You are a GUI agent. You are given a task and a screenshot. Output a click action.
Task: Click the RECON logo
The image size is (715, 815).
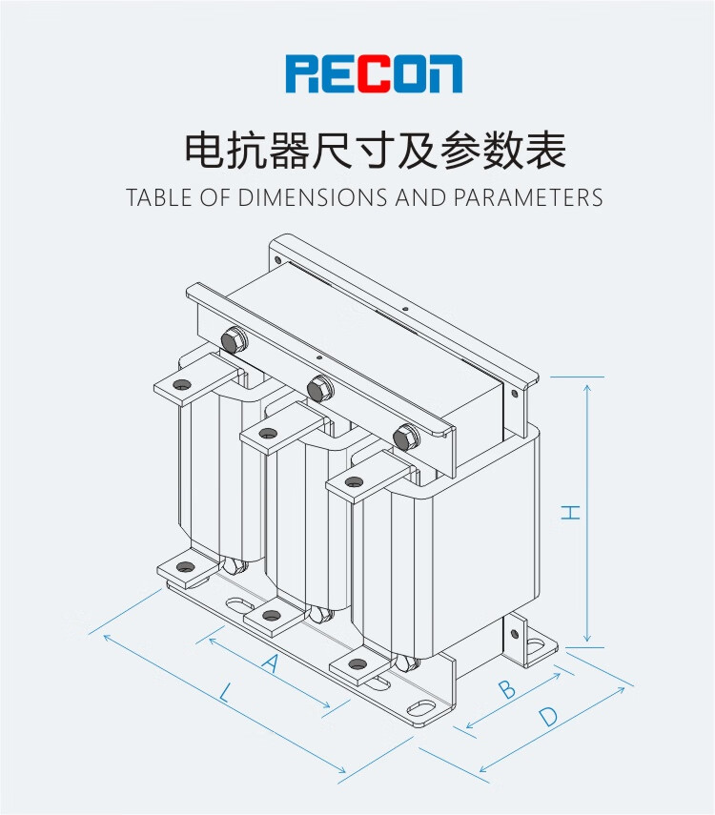[x=374, y=74]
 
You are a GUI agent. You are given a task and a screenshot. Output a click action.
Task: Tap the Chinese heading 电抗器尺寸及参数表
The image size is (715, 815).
[x=375, y=151]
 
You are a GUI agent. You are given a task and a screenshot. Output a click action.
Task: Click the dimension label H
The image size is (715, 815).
[x=570, y=512]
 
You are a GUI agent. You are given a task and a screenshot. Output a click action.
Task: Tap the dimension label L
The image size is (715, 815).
[x=224, y=694]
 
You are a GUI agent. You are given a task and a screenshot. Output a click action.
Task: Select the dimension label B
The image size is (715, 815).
[x=507, y=688]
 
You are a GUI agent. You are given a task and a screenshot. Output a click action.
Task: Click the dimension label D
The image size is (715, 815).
[x=547, y=717]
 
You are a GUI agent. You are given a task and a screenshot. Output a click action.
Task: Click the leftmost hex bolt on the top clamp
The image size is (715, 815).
[x=231, y=339]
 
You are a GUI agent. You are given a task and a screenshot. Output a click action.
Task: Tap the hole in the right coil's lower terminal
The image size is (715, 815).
[x=357, y=663]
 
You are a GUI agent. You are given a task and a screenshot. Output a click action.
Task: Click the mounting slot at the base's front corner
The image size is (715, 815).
[x=419, y=709]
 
